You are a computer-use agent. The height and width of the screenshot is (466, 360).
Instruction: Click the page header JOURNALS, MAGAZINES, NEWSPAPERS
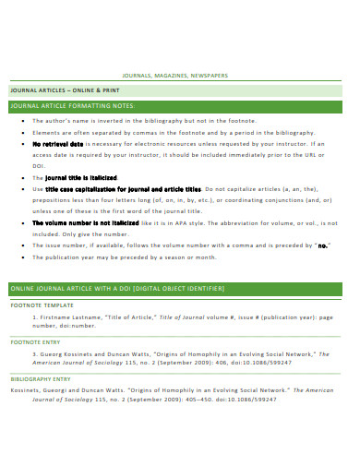click(x=180, y=77)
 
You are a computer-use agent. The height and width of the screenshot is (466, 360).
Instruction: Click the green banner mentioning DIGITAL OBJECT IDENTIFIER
click(x=116, y=289)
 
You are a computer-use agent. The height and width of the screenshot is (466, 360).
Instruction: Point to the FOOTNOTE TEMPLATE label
click(x=41, y=304)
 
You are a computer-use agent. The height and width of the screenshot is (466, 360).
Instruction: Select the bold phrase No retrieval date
click(x=58, y=144)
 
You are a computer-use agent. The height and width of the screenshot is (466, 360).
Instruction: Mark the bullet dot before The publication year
click(x=22, y=257)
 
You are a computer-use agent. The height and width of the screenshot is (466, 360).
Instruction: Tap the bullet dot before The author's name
click(x=22, y=121)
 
